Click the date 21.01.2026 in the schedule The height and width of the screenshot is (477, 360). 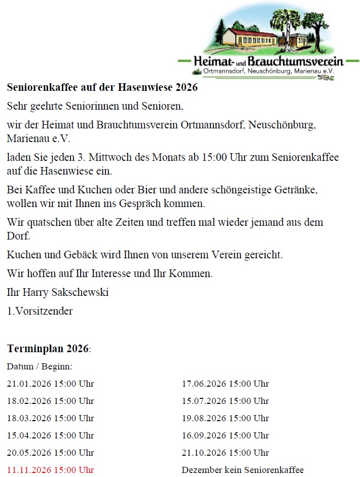click(x=29, y=384)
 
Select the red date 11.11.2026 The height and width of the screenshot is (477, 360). click(x=29, y=470)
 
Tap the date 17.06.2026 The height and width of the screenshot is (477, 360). click(x=204, y=384)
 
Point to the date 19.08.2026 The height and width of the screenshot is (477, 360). click(x=204, y=418)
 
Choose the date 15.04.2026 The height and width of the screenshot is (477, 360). click(x=29, y=435)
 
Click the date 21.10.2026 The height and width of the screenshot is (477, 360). click(x=204, y=453)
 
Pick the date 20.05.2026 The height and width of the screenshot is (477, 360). click(x=29, y=453)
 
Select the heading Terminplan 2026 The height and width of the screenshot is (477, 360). click(x=47, y=349)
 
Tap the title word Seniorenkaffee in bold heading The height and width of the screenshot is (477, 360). click(x=40, y=87)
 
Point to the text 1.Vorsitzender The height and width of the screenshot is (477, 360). click(x=40, y=311)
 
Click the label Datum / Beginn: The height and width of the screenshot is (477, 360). click(x=40, y=366)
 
